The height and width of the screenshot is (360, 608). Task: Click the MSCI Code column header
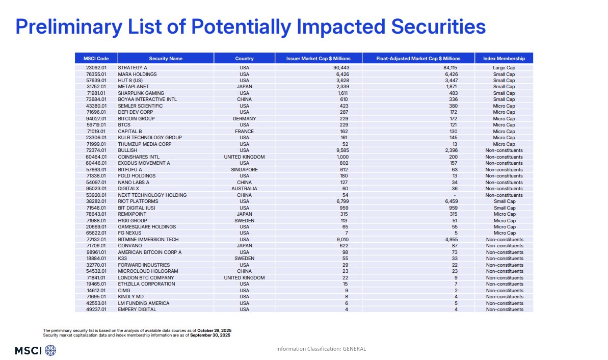coord(96,58)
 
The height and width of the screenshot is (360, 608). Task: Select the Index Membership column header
coord(504,58)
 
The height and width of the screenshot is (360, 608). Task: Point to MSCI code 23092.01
coord(96,67)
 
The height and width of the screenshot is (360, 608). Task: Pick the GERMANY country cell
coord(244,118)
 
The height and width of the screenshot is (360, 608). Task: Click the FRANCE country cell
coord(244,131)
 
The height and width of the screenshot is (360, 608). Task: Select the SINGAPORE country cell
coord(244,169)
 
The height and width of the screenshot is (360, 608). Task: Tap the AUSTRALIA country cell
coord(244,188)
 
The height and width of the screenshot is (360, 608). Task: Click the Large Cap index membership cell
coord(504,67)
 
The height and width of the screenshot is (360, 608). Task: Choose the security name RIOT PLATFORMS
coord(139,201)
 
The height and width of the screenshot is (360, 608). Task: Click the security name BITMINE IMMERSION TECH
coord(149,239)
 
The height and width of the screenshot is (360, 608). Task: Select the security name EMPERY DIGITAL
coord(137,309)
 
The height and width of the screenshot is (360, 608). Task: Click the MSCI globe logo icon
coord(50,350)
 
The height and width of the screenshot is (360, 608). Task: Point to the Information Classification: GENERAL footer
coord(321,349)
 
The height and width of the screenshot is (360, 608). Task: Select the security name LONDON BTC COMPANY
coord(146,277)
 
